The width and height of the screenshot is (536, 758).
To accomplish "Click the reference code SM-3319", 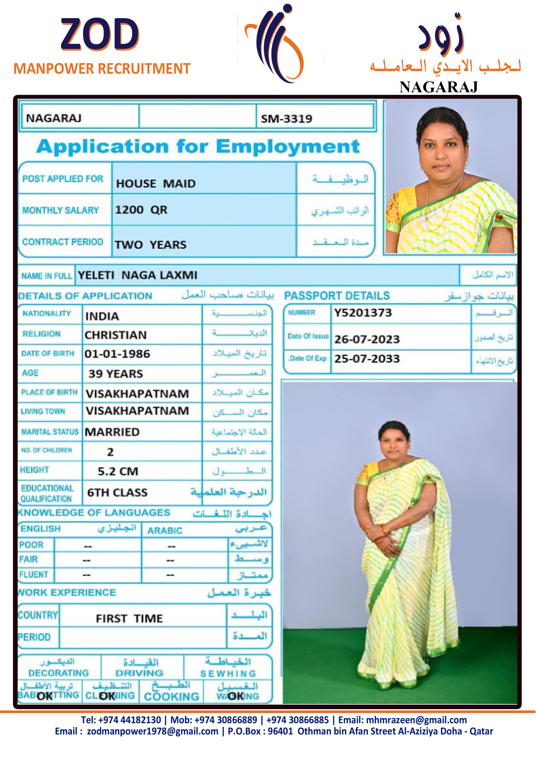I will point(286,119).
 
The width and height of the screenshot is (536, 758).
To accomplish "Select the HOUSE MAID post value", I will point(156,183).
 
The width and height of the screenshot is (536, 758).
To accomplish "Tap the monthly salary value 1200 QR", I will point(141,210).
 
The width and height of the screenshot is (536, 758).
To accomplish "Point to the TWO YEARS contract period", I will point(151,245).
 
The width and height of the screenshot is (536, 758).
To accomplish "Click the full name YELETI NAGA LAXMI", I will point(137,275).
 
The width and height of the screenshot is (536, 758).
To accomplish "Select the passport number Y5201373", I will point(363,313).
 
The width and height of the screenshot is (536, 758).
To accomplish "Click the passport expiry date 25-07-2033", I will point(367,359).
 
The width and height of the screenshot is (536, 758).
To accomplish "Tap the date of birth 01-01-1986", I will point(117,354).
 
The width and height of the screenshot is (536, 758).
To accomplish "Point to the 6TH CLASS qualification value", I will point(117,493).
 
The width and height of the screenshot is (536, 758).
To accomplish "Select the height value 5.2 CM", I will point(118,471).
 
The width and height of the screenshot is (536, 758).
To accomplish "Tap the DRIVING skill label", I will point(139,673).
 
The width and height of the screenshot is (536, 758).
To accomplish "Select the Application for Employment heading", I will point(198,147).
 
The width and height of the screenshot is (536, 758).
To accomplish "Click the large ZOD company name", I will point(100,34).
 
